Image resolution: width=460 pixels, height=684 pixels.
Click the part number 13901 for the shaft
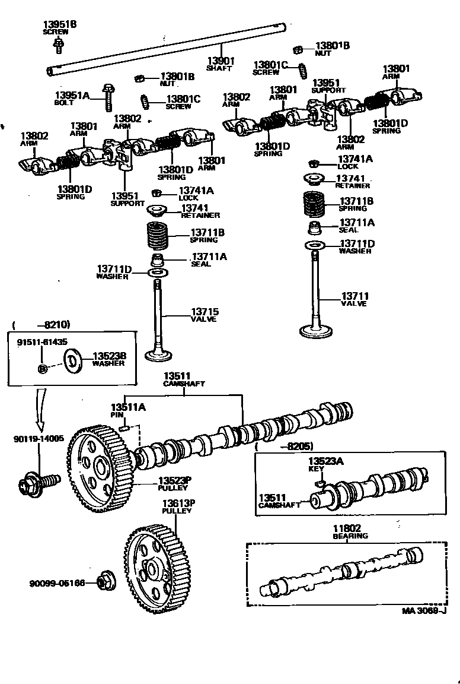tap(220, 61)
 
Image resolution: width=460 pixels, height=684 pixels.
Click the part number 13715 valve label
tap(204, 312)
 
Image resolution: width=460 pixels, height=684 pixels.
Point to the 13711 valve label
tap(354, 296)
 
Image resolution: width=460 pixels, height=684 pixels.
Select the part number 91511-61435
tap(41, 342)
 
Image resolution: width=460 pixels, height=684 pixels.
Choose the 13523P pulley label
tap(173, 480)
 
